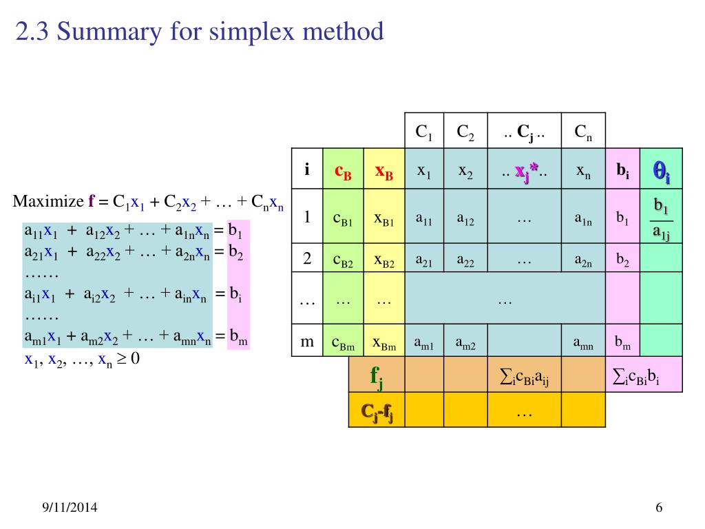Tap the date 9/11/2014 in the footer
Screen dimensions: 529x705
point(67,508)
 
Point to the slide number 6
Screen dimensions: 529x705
point(659,508)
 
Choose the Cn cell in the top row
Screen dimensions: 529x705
point(583,132)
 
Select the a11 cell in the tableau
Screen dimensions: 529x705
point(424,219)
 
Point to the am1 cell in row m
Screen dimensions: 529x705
point(424,342)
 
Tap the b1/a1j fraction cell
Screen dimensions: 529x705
point(661,219)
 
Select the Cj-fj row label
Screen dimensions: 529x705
point(377,411)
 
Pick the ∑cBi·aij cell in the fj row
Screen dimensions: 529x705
point(524,375)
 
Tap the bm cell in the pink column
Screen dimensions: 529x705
point(622,342)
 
